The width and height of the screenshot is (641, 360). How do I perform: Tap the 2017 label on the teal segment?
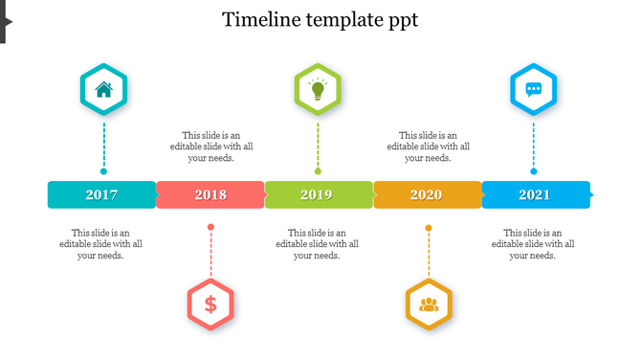[x=101, y=195]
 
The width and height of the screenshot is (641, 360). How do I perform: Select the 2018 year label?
[x=210, y=195]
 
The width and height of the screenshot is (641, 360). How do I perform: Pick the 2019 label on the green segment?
[x=317, y=195]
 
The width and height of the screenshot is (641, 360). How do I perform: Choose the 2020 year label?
[x=426, y=195]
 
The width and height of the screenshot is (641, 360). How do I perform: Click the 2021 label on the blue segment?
[x=534, y=195]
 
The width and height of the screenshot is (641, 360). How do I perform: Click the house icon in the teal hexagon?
[x=103, y=90]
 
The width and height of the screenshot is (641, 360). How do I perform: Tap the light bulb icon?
[x=318, y=90]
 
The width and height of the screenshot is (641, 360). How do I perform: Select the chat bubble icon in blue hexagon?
[x=534, y=90]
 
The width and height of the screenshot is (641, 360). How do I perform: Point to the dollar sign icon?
[x=210, y=304]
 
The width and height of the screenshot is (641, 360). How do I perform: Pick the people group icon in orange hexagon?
[x=429, y=304]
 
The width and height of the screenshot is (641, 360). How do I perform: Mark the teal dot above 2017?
[x=103, y=172]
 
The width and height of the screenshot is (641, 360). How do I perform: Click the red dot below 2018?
[x=210, y=227]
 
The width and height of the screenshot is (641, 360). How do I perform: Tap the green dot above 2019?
[x=318, y=172]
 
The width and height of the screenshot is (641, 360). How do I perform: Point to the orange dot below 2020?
[x=429, y=227]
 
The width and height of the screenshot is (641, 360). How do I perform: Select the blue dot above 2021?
[x=534, y=172]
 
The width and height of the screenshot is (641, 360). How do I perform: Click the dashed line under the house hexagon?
[x=103, y=144]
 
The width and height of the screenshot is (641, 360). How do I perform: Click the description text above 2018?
[x=211, y=146]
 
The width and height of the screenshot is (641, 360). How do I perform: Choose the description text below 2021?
[x=533, y=244]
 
